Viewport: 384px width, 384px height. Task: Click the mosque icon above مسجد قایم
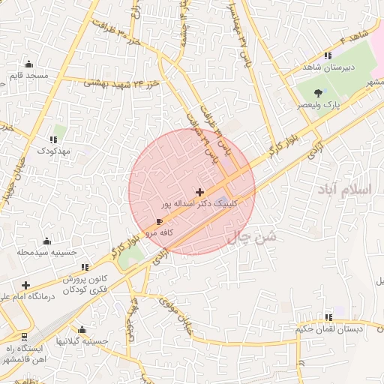coord(29,64)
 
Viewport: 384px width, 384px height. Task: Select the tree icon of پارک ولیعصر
coord(319,94)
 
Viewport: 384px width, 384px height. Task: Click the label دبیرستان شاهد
coord(328,67)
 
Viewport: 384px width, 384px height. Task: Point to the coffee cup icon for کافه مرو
coord(159,222)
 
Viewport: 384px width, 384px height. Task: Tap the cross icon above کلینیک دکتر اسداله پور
coord(199,193)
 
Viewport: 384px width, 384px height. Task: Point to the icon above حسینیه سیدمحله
coord(47,241)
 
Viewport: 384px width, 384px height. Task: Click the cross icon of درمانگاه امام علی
coord(26,285)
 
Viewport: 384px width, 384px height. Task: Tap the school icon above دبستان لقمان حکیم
coord(328,317)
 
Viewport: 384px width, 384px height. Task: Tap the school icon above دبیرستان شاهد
coord(328,55)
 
